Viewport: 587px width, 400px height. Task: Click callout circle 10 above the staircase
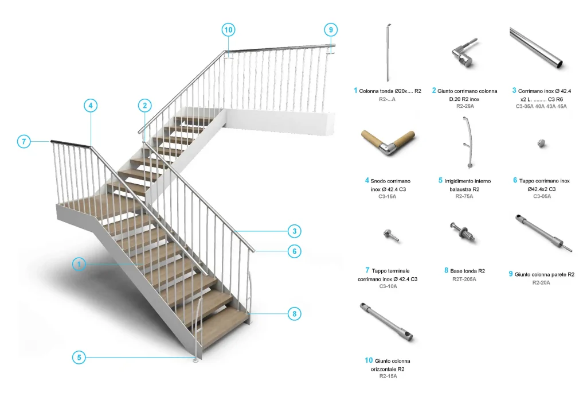[228, 30]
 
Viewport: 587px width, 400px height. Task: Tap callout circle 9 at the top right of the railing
[331, 30]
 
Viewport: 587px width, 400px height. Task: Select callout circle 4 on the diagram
[91, 106]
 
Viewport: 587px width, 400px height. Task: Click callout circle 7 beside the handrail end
[24, 142]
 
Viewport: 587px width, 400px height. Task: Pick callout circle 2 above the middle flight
[145, 106]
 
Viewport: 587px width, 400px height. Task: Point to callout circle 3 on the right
[295, 231]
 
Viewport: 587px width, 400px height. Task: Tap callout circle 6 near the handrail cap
[295, 251]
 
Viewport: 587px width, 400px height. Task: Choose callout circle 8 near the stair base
[295, 314]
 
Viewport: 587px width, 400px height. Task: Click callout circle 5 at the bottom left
[79, 358]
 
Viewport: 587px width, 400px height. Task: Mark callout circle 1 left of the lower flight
[79, 265]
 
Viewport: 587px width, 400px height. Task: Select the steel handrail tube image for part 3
[536, 48]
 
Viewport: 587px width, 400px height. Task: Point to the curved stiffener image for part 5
[467, 142]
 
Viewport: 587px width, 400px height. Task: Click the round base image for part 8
[463, 231]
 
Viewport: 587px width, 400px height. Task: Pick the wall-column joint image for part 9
[543, 233]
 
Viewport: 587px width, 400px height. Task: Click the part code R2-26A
[465, 107]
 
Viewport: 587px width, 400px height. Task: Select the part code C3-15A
[387, 196]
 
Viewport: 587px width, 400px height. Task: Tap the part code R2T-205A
[464, 279]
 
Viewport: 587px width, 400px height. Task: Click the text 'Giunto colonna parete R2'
[545, 275]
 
